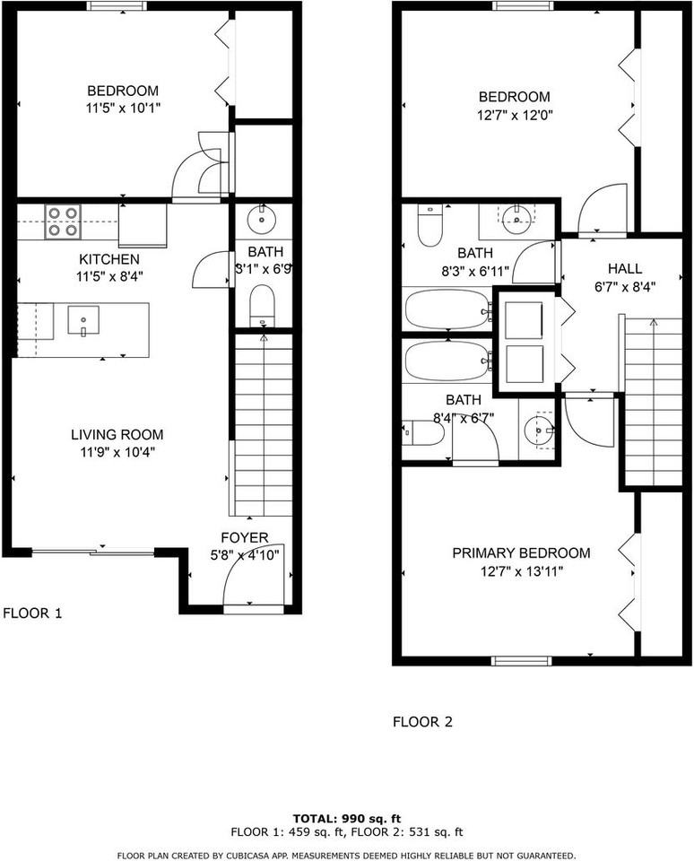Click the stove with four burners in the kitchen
tap(63, 222)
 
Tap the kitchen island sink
tap(82, 319)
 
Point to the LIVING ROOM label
tap(117, 435)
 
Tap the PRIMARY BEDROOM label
tap(521, 552)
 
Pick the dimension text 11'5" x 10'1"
tap(123, 108)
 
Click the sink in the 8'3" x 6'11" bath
tap(516, 216)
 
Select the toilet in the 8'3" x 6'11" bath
tap(429, 227)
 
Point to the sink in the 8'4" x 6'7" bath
tap(540, 430)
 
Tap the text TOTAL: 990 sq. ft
tap(346, 818)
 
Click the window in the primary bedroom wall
tap(522, 661)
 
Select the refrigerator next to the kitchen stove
tap(142, 224)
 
